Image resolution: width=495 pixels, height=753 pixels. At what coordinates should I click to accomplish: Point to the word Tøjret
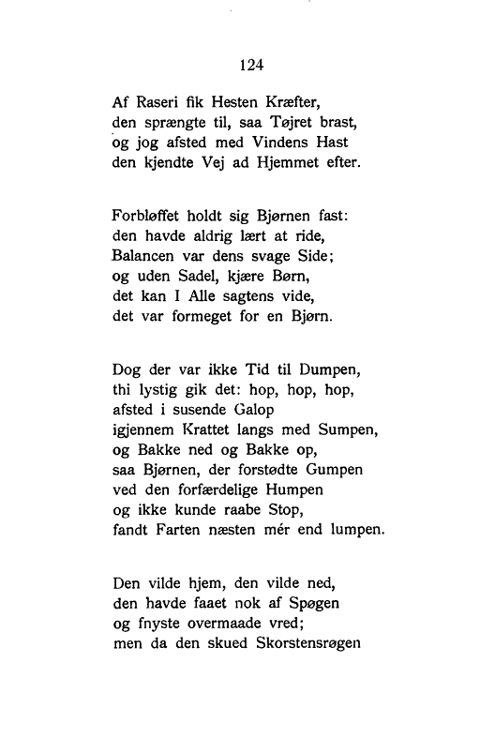click(x=277, y=124)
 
